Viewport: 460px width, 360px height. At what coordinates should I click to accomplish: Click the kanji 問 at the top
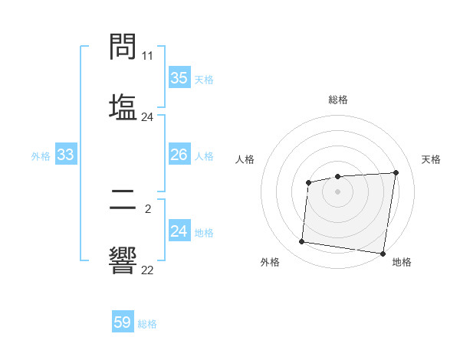pos(123,48)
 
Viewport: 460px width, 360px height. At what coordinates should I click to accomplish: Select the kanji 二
pos(123,202)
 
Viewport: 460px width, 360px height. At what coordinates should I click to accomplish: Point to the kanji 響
pos(123,260)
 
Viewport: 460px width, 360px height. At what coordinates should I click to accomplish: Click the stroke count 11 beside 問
pos(148,56)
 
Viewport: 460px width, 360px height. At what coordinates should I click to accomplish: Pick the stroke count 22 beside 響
pos(148,269)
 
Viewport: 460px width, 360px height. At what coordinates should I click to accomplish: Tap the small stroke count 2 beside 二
pos(148,208)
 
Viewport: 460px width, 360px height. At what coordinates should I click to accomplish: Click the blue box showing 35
pos(179,78)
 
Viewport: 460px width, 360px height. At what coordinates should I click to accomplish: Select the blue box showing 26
pos(179,155)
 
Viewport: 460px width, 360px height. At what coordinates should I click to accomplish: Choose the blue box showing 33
pos(65,155)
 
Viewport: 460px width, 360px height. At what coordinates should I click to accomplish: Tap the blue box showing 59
pos(123,323)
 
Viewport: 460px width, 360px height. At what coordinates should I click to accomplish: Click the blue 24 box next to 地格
pos(179,232)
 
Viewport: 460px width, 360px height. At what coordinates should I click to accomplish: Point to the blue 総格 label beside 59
pos(147,324)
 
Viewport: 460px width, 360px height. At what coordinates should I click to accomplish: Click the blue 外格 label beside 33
pos(41,156)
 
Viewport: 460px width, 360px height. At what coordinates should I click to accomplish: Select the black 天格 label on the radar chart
pos(431,159)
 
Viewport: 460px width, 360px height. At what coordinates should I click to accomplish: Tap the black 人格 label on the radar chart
pos(245,159)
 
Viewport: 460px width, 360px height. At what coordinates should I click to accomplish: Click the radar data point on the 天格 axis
pos(396,172)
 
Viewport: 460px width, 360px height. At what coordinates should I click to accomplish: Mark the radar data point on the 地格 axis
pos(383,254)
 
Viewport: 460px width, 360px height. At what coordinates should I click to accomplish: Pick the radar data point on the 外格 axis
pos(302,242)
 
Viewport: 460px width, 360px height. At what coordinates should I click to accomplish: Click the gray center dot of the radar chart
pos(337,191)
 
